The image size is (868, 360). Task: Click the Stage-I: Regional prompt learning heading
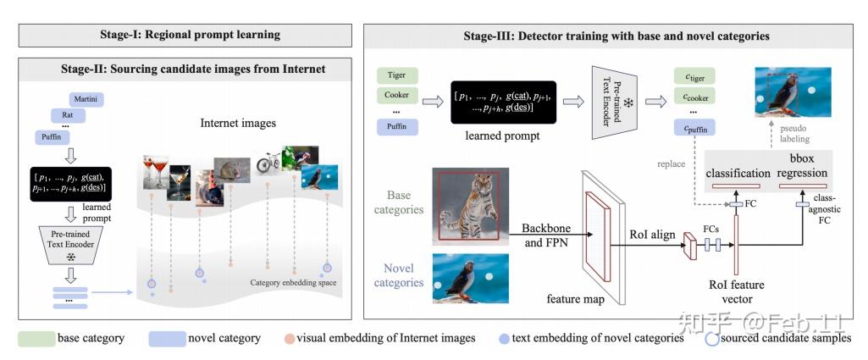tap(185, 35)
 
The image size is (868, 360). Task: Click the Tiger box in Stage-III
tap(396, 76)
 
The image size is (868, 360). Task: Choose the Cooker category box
tap(396, 95)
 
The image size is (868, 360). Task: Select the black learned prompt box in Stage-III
tap(503, 102)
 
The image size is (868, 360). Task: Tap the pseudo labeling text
tap(795, 134)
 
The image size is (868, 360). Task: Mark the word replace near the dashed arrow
tap(671, 163)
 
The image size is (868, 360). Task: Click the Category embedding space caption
tap(294, 282)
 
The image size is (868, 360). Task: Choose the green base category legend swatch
tap(35, 338)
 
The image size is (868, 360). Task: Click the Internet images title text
tap(238, 124)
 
